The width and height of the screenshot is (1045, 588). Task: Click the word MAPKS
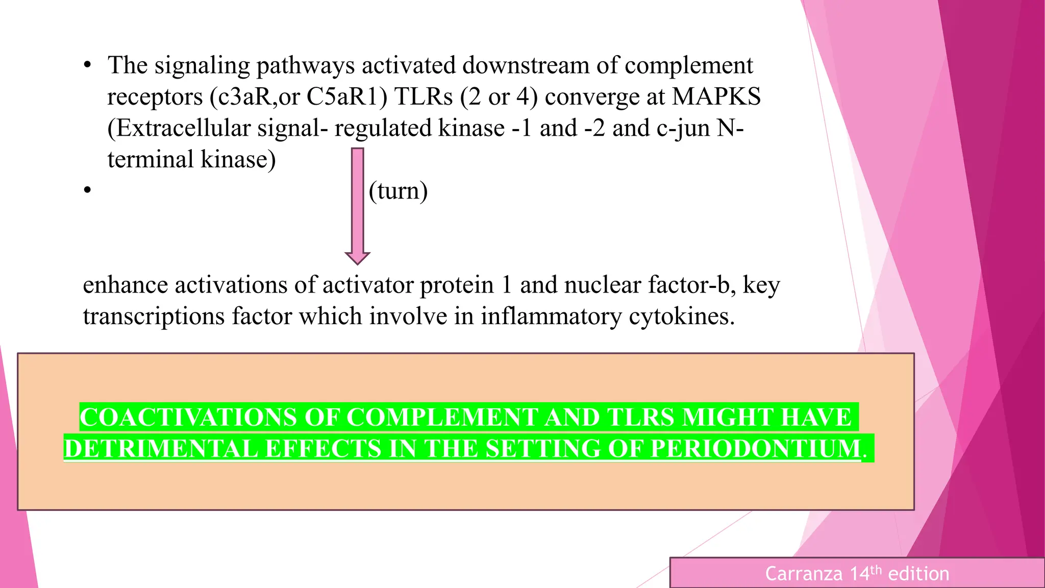click(x=716, y=97)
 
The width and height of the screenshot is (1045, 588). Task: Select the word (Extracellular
click(x=179, y=128)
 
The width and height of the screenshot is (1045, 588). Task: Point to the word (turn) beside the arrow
click(x=398, y=191)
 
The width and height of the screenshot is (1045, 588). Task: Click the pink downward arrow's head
click(x=357, y=257)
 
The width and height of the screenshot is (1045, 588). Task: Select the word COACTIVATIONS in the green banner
click(x=188, y=418)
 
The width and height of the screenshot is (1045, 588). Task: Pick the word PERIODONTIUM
click(x=756, y=449)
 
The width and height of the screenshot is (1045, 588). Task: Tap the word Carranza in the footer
click(x=804, y=574)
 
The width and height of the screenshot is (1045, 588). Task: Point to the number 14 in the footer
click(x=860, y=574)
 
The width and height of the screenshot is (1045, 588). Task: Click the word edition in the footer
click(x=918, y=574)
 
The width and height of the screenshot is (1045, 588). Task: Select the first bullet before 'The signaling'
click(x=88, y=65)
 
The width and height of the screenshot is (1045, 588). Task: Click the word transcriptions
click(x=154, y=316)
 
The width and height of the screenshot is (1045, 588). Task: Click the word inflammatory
click(x=551, y=316)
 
